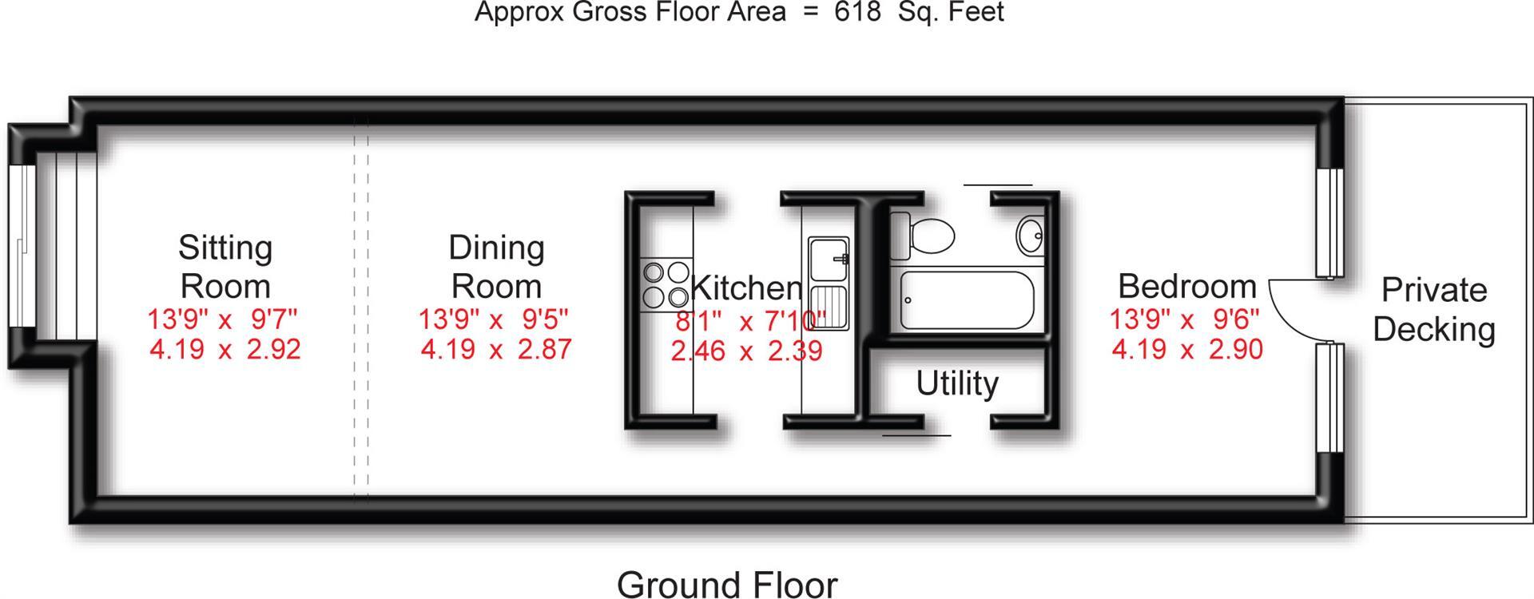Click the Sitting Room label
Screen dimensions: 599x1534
pyautogui.click(x=225, y=267)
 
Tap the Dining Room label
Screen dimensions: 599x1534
pyautogui.click(x=496, y=267)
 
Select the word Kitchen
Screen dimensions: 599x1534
pyautogui.click(x=746, y=288)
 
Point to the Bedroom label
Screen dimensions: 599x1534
pyautogui.click(x=1186, y=286)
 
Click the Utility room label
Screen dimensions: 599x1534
pyautogui.click(x=956, y=383)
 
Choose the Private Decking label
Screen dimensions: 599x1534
pyautogui.click(x=1434, y=309)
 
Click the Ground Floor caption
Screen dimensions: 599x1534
pyautogui.click(x=727, y=584)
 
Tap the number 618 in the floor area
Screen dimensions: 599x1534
pyautogui.click(x=858, y=12)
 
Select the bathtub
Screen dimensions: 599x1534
pyautogui.click(x=966, y=300)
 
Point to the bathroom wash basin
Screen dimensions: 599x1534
pyautogui.click(x=1030, y=234)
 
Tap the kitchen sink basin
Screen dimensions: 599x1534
pyautogui.click(x=829, y=259)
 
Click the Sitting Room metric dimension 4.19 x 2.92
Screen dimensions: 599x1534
pyautogui.click(x=225, y=350)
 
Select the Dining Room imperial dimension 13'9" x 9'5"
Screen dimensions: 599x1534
pyautogui.click(x=493, y=319)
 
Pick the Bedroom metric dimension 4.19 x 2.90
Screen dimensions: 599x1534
pyautogui.click(x=1186, y=350)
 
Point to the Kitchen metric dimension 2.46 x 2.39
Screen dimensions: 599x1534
pyautogui.click(x=746, y=351)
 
